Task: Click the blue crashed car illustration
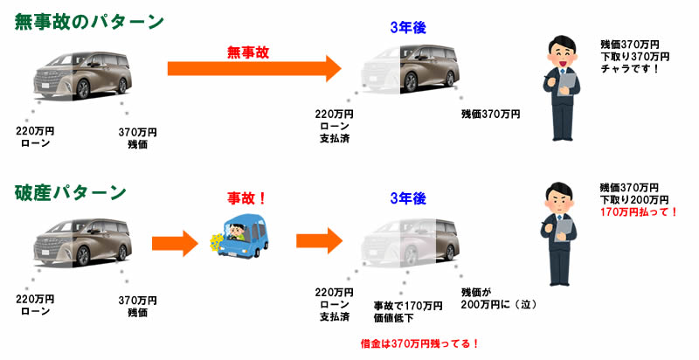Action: pos(239,235)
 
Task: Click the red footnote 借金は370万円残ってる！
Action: pos(420,343)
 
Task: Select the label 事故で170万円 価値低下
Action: pos(407,311)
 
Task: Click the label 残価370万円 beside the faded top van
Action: pos(490,114)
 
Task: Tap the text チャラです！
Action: pos(632,69)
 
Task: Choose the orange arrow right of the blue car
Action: pos(316,239)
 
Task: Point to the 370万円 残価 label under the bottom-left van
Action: pos(137,305)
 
